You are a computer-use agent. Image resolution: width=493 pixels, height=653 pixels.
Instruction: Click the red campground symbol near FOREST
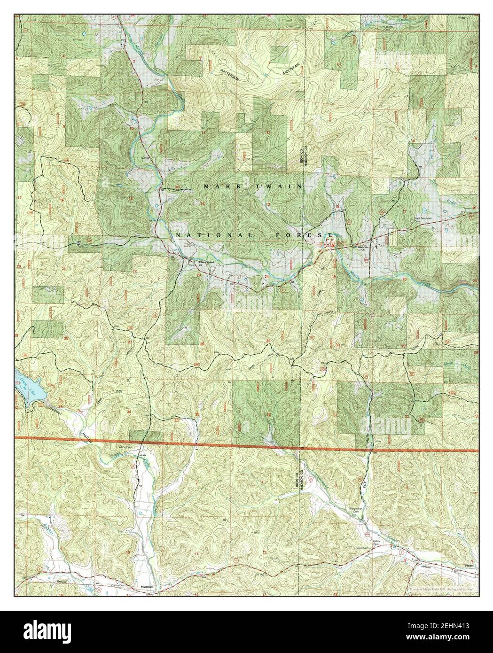329,244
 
